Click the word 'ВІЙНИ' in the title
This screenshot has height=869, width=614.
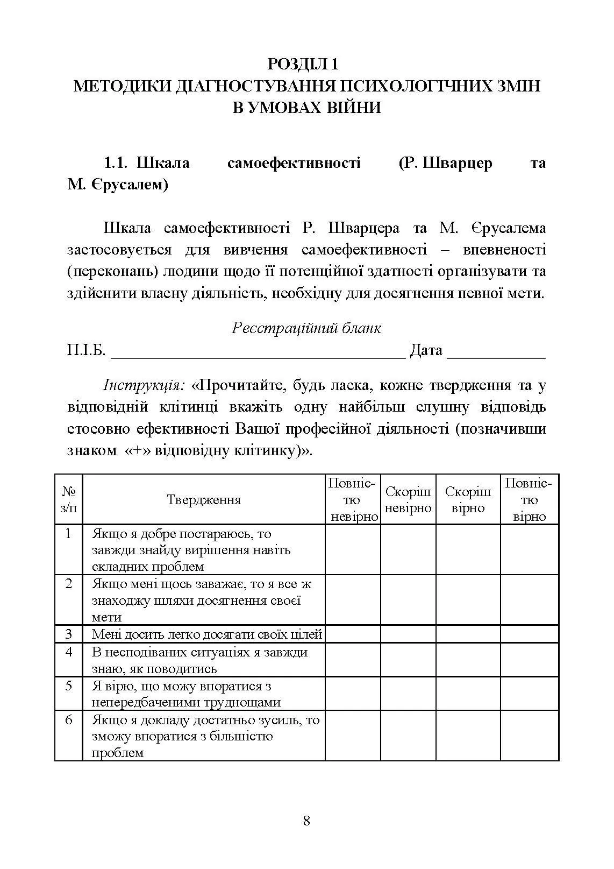click(352, 108)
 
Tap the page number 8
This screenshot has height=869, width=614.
click(306, 821)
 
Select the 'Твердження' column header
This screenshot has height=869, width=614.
click(204, 500)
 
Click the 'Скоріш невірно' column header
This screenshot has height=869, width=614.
click(408, 500)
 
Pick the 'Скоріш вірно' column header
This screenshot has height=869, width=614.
click(468, 500)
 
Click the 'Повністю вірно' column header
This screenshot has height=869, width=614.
click(529, 500)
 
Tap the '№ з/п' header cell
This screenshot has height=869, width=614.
click(69, 500)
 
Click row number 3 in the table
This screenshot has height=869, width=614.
click(69, 634)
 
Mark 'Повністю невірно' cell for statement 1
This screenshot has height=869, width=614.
click(353, 550)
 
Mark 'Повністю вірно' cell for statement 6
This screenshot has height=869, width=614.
click(529, 736)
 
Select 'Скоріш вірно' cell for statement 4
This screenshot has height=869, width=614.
click(468, 660)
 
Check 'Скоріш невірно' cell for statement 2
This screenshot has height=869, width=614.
click(408, 600)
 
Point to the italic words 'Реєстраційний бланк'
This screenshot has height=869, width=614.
click(306, 328)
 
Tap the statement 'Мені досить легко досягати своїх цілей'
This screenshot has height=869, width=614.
click(206, 634)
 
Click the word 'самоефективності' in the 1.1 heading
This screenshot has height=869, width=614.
click(294, 163)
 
